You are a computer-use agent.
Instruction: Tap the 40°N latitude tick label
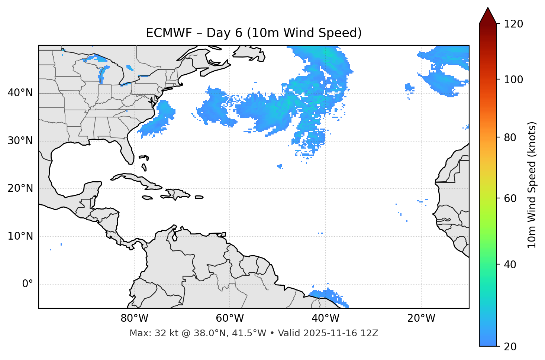click(20, 93)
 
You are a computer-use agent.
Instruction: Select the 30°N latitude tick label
click(20, 141)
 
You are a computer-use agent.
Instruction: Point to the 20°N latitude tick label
click(20, 189)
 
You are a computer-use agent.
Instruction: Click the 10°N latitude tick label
click(20, 236)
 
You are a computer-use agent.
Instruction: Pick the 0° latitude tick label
click(27, 284)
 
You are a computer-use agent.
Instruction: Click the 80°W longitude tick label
click(134, 318)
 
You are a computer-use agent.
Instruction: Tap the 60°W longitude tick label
click(230, 318)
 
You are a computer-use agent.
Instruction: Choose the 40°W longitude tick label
click(325, 318)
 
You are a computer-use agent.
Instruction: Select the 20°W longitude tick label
click(421, 318)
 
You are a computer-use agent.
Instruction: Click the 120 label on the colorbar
click(513, 24)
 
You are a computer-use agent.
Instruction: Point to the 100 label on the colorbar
click(513, 80)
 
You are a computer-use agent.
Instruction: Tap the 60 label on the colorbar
click(511, 198)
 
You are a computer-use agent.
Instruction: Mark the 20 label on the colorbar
click(511, 347)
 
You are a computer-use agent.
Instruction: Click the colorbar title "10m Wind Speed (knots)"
click(532, 185)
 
